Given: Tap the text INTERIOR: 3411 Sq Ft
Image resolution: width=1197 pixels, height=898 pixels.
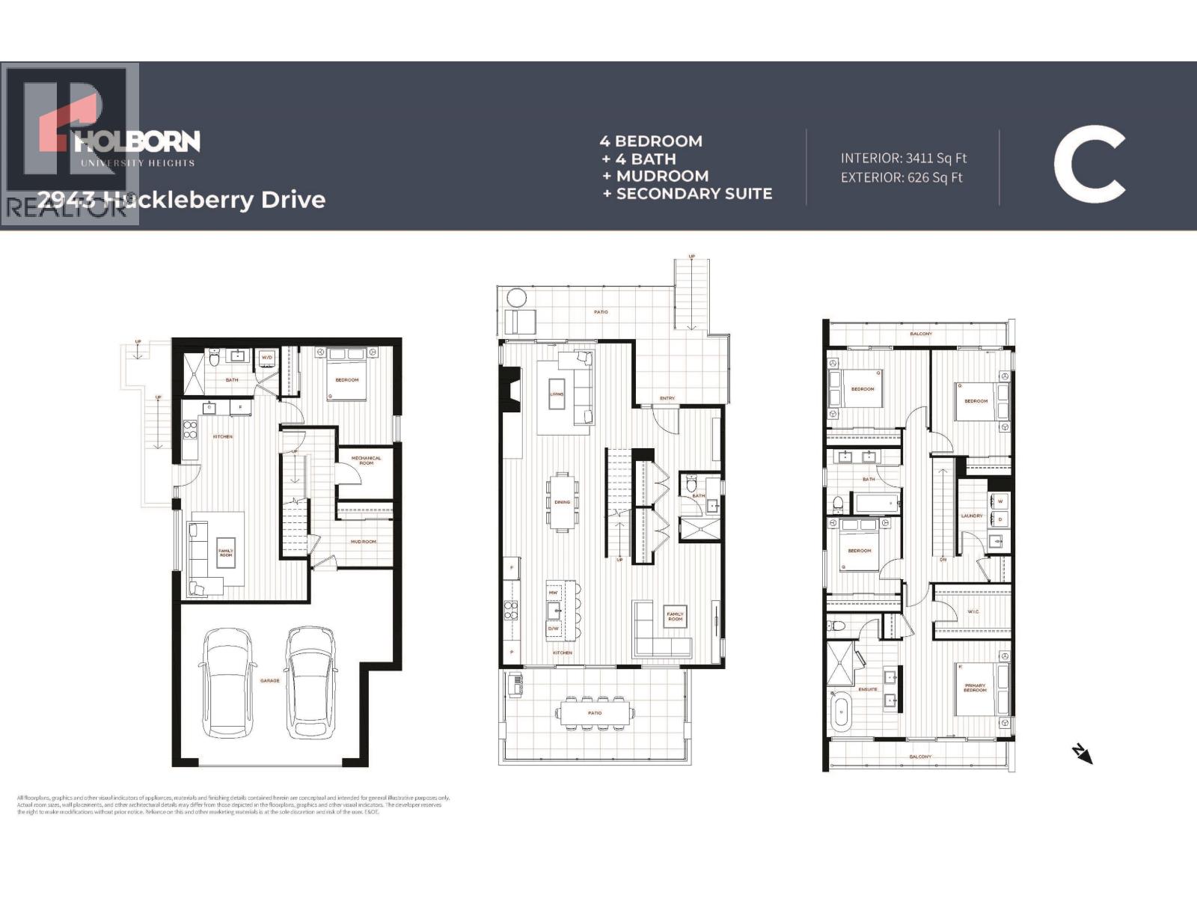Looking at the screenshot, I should pyautogui.click(x=903, y=158).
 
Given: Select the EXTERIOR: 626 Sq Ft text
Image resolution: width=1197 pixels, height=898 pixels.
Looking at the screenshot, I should pyautogui.click(x=901, y=177).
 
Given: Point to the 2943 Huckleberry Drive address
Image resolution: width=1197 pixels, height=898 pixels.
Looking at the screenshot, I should pyautogui.click(x=182, y=200).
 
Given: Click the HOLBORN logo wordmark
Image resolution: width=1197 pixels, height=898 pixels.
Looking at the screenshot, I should pyautogui.click(x=138, y=141).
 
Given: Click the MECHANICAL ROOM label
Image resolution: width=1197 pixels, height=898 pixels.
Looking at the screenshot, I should pyautogui.click(x=366, y=460).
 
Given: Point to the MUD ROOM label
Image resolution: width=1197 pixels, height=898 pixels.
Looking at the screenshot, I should pyautogui.click(x=364, y=541).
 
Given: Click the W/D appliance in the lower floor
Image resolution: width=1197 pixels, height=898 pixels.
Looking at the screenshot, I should pyautogui.click(x=266, y=358).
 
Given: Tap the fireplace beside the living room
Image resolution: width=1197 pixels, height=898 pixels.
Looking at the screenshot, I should pyautogui.click(x=510, y=389).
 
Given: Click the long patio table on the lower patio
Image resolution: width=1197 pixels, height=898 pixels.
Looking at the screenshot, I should pyautogui.click(x=594, y=712).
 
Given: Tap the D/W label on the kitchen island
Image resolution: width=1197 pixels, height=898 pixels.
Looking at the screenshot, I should pyautogui.click(x=554, y=629).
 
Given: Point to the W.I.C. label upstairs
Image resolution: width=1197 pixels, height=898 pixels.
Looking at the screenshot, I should pyautogui.click(x=973, y=611).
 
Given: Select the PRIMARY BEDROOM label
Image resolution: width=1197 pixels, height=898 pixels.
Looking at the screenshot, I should pyautogui.click(x=975, y=687).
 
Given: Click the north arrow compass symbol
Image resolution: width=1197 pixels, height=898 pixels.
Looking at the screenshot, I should pyautogui.click(x=1082, y=754).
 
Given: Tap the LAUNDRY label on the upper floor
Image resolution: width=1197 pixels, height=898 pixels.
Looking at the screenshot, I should pyautogui.click(x=971, y=516).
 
